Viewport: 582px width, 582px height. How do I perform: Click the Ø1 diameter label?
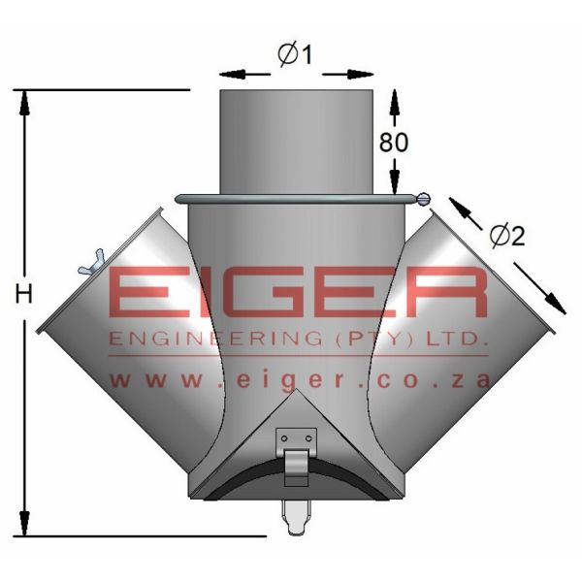coord(295,55)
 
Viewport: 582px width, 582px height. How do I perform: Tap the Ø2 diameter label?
coord(506,235)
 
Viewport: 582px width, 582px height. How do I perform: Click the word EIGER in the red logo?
coord(297,293)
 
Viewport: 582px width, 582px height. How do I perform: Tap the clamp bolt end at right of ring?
coord(426,199)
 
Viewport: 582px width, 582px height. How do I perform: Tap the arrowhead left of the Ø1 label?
coord(229,73)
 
